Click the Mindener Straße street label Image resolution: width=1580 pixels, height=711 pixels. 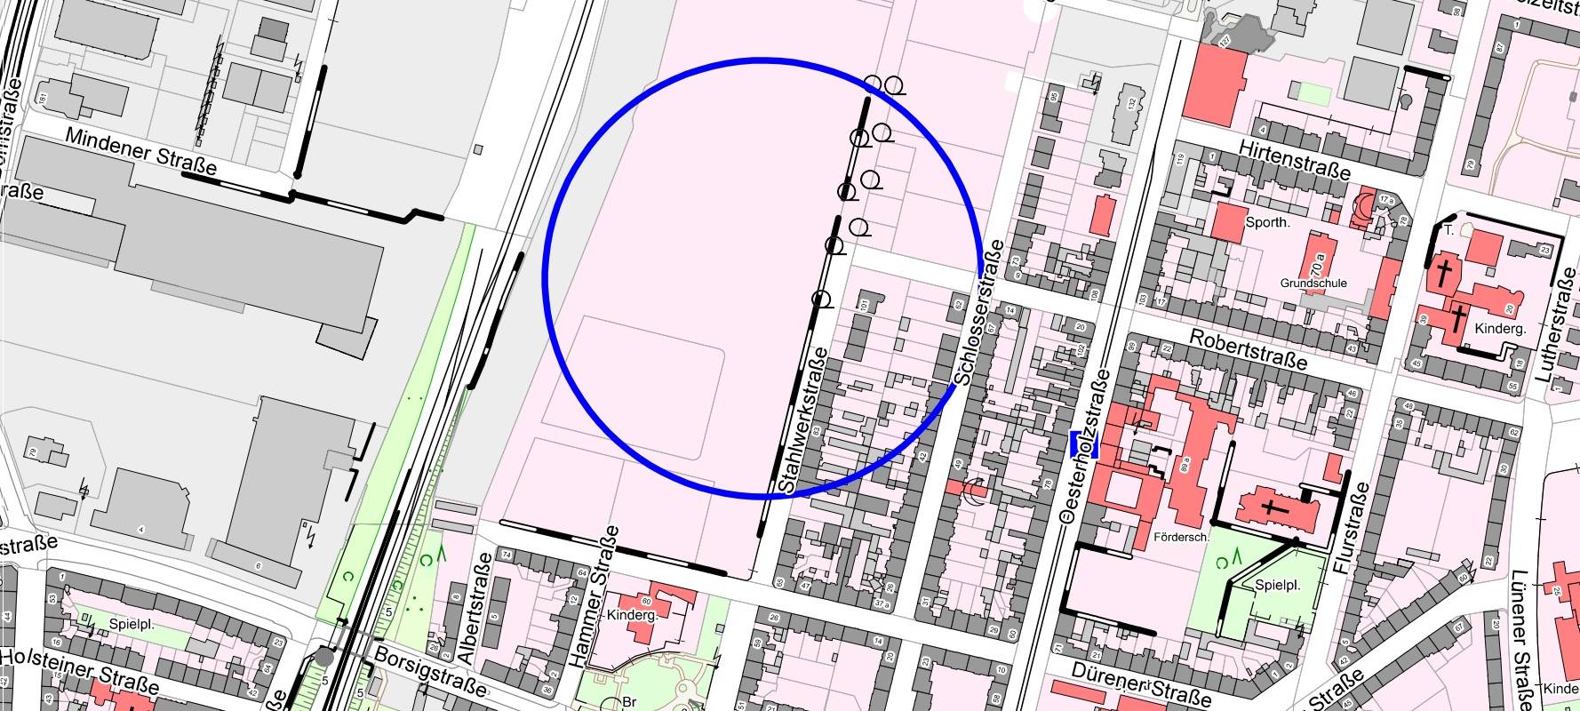coord(141,151)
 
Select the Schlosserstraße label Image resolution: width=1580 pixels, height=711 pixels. coord(978,312)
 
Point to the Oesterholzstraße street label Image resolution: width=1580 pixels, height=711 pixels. coord(1086,445)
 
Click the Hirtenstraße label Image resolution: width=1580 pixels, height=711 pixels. coord(1296,159)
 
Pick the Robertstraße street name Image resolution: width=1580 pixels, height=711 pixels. coord(1248,349)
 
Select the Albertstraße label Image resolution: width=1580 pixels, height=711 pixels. coord(472,609)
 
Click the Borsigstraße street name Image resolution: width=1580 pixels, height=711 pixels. coord(430,670)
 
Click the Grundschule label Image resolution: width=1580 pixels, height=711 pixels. coord(1313,284)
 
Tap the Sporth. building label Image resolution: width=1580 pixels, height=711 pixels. coord(1267,222)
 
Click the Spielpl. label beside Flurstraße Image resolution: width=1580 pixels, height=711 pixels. coord(1278,586)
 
